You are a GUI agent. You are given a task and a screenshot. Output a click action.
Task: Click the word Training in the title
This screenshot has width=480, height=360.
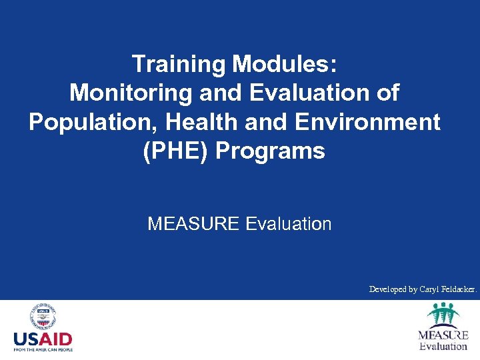tap(178, 65)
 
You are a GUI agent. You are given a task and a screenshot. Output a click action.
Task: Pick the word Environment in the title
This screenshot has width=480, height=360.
tap(359, 123)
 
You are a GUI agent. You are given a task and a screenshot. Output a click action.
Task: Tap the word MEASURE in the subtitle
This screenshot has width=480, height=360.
tap(193, 224)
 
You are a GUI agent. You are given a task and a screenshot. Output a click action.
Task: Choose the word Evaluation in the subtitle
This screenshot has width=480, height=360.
tap(289, 224)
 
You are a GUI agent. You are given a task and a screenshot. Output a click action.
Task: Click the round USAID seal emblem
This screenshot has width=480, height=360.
tap(43, 317)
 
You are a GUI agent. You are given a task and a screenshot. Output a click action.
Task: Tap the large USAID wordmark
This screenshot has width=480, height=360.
tap(43, 339)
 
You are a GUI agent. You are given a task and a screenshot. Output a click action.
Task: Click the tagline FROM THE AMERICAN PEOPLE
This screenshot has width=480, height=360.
tap(43, 349)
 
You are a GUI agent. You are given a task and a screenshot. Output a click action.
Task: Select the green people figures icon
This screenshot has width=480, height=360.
tap(443, 314)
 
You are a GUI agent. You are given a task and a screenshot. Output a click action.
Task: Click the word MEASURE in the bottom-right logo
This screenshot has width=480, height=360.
tap(443, 335)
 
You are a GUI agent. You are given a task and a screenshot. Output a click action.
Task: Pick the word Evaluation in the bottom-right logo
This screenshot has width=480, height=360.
tap(443, 346)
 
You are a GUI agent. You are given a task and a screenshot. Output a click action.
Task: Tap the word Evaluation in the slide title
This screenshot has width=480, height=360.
tap(312, 93)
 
